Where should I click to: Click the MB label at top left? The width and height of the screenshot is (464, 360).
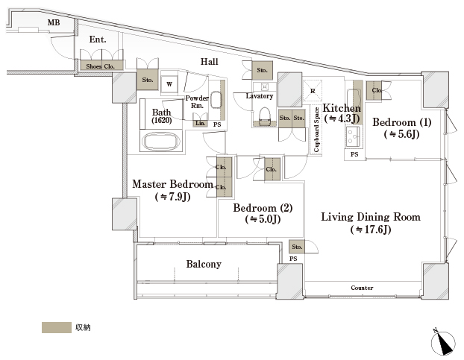[54, 22]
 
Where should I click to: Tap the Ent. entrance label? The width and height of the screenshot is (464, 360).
[98, 40]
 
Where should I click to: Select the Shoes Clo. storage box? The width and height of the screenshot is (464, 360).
[101, 66]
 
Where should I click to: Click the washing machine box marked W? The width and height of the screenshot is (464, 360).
[169, 84]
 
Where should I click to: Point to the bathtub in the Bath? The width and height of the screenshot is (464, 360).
[161, 141]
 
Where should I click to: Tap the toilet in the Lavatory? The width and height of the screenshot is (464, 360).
[265, 116]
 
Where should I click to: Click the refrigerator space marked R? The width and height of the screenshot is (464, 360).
[313, 91]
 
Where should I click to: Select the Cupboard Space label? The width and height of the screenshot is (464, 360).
[316, 130]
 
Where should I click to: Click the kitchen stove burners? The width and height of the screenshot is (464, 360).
[353, 137]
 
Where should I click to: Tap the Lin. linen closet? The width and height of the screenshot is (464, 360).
[201, 123]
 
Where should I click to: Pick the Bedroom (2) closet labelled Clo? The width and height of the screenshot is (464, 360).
[272, 169]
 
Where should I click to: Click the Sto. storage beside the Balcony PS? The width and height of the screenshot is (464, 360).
[297, 247]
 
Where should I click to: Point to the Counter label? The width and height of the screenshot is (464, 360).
[362, 288]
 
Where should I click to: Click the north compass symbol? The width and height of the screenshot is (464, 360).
[443, 343]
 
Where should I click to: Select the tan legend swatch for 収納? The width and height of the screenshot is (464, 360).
[57, 327]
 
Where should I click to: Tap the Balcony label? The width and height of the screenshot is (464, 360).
[204, 264]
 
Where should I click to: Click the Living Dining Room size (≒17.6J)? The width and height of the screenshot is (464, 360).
[371, 230]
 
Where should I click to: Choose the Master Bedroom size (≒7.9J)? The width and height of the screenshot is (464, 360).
[173, 197]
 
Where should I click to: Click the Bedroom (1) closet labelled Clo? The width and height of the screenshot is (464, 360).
[374, 90]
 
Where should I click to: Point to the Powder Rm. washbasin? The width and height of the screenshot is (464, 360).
[215, 100]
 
